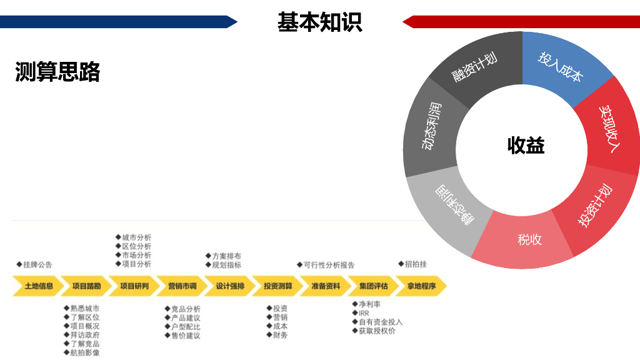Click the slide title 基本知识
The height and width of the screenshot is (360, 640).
pos(319,22)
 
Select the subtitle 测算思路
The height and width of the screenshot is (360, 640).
pos(57,72)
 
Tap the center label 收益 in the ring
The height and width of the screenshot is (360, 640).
pos(526,146)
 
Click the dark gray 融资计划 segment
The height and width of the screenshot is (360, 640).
pos(474,68)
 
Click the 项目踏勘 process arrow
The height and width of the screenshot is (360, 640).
pos(86,286)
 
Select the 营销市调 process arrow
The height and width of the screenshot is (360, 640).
pos(182,286)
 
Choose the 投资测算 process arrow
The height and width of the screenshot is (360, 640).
pos(277,286)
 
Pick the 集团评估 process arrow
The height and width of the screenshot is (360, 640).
pos(373,286)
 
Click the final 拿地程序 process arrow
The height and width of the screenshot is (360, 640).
pos(421,286)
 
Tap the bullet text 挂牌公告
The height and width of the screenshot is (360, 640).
pos(38,264)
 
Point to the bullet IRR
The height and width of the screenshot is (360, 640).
pos(364,313)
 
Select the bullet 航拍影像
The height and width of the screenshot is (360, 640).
pos(84,352)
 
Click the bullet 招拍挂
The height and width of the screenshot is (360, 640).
pos(415,264)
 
